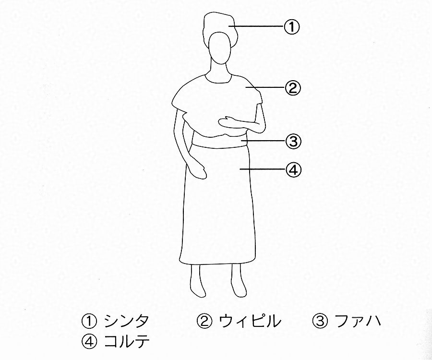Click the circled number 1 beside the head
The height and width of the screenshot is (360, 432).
[291, 27]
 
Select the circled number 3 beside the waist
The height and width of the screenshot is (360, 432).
[293, 141]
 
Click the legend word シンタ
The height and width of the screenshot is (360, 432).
[126, 322]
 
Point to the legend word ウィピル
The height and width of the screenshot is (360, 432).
[250, 322]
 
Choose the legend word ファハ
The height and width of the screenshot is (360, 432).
[358, 322]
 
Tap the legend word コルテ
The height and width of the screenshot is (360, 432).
[126, 341]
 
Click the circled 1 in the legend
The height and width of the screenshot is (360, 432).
[89, 322]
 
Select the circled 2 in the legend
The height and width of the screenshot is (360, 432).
[204, 322]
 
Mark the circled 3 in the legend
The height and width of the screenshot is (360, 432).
[320, 322]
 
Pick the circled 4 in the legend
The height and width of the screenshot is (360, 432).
[89, 342]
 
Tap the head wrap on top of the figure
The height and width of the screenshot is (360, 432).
[219, 26]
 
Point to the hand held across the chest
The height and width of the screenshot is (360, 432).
[228, 122]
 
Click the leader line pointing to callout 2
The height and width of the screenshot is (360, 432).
[265, 88]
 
